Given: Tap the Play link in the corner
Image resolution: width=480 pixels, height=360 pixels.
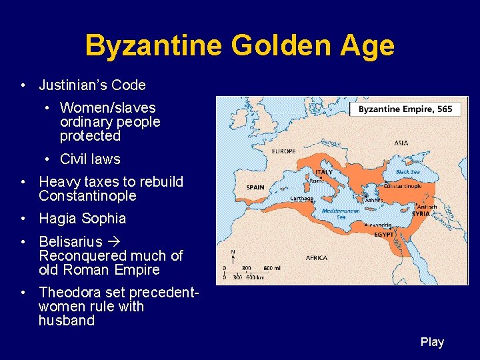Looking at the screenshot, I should pyautogui.click(x=432, y=342).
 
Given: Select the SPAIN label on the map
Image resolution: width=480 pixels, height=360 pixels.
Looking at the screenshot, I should pyautogui.click(x=255, y=187).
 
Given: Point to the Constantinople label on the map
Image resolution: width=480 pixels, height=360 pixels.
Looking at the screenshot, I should pyautogui.click(x=402, y=186).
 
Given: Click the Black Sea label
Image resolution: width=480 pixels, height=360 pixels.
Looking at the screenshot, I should pyautogui.click(x=407, y=171).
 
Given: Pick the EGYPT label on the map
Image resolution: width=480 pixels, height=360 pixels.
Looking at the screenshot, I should pyautogui.click(x=383, y=234).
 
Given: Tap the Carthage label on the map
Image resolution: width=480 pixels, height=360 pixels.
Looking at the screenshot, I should pyautogui.click(x=302, y=198).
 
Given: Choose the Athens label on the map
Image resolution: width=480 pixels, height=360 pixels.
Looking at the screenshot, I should pyautogui.click(x=373, y=199).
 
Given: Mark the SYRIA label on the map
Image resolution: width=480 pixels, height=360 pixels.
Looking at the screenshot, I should pyautogui.click(x=421, y=213).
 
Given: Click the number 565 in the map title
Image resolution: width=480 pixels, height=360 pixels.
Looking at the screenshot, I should pyautogui.click(x=445, y=109).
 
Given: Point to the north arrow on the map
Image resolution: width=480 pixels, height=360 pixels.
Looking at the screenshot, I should pyautogui.click(x=232, y=257).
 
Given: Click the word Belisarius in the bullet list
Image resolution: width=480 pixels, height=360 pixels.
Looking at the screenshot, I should pyautogui.click(x=71, y=241).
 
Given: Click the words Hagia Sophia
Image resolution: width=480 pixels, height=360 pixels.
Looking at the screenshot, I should pyautogui.click(x=83, y=219).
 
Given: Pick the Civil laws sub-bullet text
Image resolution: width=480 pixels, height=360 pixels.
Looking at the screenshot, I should pyautogui.click(x=90, y=159).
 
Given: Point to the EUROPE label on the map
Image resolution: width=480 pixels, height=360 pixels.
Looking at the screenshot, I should pyautogui.click(x=283, y=151).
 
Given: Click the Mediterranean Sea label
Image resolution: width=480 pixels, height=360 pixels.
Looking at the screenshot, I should pyautogui.click(x=341, y=213).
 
